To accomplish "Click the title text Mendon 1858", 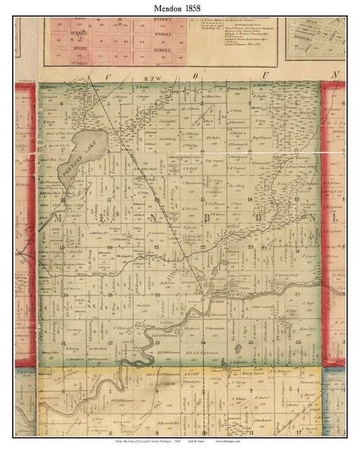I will click(x=180, y=8).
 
